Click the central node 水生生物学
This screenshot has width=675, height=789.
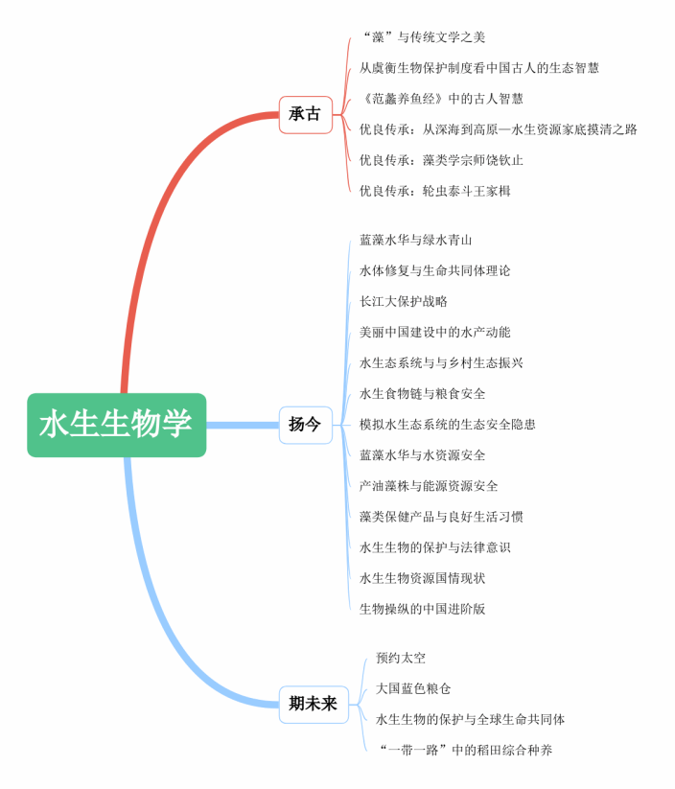pyautogui.click(x=116, y=425)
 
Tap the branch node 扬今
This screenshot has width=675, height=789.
pyautogui.click(x=305, y=425)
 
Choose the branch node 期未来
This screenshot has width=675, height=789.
pyautogui.click(x=314, y=704)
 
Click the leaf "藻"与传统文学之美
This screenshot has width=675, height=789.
pyautogui.click(x=423, y=37)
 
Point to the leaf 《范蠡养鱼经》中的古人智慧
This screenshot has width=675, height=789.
pyautogui.click(x=442, y=99)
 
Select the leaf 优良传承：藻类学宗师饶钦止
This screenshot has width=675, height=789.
pyautogui.click(x=441, y=160)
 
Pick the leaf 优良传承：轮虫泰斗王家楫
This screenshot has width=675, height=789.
pyautogui.click(x=434, y=191)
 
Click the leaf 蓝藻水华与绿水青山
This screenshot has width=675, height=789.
pyautogui.click(x=415, y=240)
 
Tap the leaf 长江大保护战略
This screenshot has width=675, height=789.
pyautogui.click(x=403, y=301)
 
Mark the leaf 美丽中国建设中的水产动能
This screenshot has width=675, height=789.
pyautogui.click(x=434, y=332)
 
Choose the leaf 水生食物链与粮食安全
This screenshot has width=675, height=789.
pyautogui.click(x=422, y=393)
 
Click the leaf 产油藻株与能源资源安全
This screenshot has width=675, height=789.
pyautogui.click(x=429, y=486)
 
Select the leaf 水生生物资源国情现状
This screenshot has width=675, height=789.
pyautogui.click(x=422, y=578)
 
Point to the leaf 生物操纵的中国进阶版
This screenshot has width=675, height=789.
pyautogui.click(x=422, y=609)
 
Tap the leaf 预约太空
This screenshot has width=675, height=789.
pyautogui.click(x=401, y=658)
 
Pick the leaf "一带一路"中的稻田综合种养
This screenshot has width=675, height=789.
pyautogui.click(x=465, y=750)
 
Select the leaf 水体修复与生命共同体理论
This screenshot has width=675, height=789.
pyautogui.click(x=434, y=270)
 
